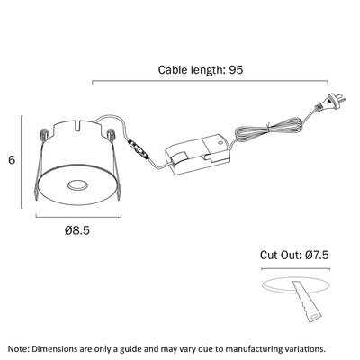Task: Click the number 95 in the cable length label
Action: coord(236,70)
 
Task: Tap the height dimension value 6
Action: coord(12,160)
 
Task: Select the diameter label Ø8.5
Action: coord(77,230)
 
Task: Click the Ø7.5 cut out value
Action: coord(317,256)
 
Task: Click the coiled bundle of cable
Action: coord(268,130)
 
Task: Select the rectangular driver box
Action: coord(198,156)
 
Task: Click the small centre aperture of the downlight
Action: coord(78,185)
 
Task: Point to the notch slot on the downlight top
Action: coord(78,125)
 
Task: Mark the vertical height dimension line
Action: coord(22,162)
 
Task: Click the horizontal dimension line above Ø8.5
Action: coord(78,216)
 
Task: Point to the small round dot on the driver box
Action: coord(220,142)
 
